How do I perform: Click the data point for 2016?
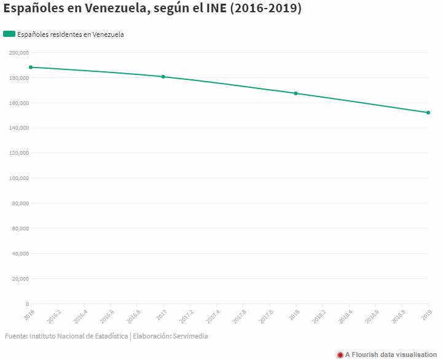pos(31,67)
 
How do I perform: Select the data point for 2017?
pos(163,77)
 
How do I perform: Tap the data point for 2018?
pos(296,93)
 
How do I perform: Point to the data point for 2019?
pos(428,112)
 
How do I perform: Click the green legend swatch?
pos(9,34)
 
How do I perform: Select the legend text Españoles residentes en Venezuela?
pos(70,34)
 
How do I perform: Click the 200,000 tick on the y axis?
pos(19,53)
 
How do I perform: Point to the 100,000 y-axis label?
pos(19,178)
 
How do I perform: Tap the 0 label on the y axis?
pos(26,303)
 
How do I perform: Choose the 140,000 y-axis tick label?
pos(19,128)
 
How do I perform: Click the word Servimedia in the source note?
pos(194,336)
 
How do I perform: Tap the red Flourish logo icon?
pos(340,354)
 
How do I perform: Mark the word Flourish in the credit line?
pos(369,354)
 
